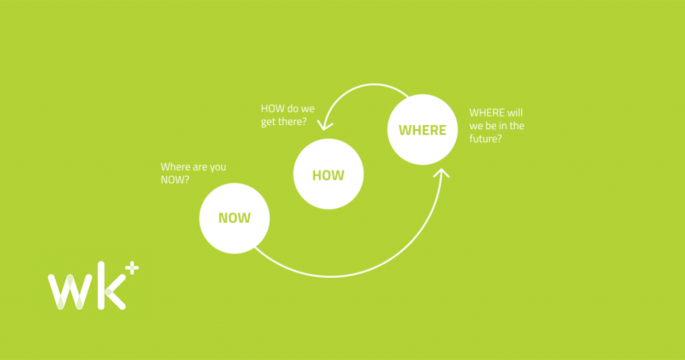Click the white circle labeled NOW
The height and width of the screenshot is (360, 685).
235,218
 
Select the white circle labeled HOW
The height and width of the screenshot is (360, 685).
328,174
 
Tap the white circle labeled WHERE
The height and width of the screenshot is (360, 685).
423,130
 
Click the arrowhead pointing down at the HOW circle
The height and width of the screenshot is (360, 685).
324,124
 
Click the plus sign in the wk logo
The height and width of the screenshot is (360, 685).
132,268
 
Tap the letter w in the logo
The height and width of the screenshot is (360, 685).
70,292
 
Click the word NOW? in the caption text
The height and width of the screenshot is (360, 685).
175,179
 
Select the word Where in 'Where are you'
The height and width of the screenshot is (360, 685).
175,167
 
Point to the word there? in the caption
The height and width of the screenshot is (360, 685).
292,122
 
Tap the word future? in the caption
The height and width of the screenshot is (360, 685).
486,139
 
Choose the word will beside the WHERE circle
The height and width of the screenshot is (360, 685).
515,112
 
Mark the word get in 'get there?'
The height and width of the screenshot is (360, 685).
268,122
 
